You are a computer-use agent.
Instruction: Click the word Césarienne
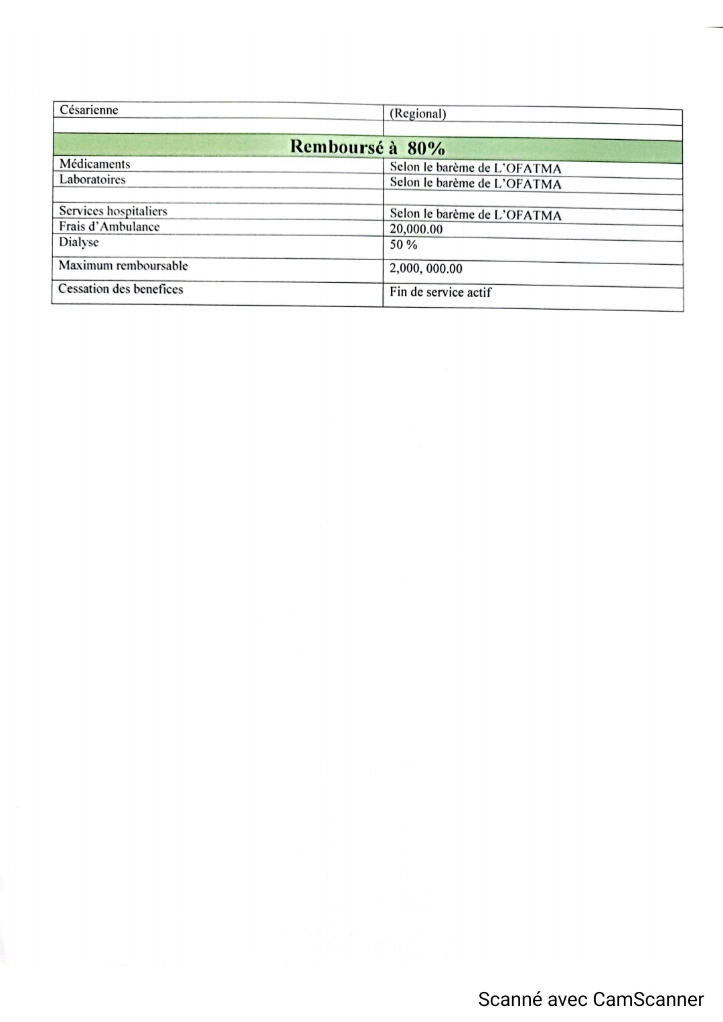[x=89, y=110]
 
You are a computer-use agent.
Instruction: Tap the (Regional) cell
[x=418, y=114]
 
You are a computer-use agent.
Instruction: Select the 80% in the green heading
[x=426, y=148]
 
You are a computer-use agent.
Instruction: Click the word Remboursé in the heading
[x=337, y=147]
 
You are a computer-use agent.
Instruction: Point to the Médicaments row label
[x=94, y=164]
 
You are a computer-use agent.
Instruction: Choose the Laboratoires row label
[x=92, y=179]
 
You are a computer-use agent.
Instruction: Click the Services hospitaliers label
[x=113, y=211]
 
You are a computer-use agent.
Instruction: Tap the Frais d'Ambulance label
[x=109, y=227]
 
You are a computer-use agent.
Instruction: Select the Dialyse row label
[x=78, y=242]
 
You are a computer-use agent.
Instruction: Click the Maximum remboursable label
[x=123, y=266]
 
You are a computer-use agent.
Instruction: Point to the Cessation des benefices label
[x=120, y=289]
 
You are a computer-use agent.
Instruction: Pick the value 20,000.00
[x=416, y=229]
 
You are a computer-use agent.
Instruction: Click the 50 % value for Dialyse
[x=403, y=245]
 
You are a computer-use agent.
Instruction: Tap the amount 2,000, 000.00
[x=426, y=269]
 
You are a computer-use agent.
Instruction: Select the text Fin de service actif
[x=440, y=292]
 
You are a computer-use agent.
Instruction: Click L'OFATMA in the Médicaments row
[x=528, y=169]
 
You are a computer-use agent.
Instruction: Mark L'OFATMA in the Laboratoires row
[x=528, y=184]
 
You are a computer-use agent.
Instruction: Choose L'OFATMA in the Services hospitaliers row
[x=528, y=215]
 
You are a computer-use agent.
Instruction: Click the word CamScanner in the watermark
[x=649, y=999]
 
